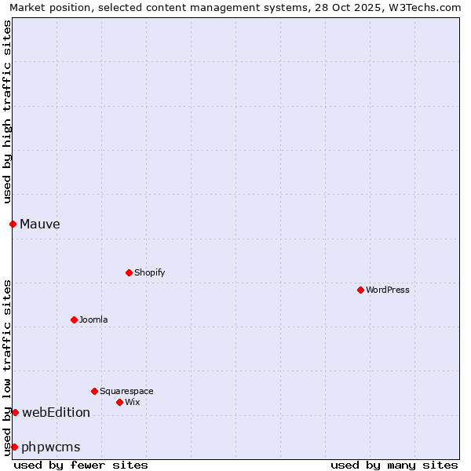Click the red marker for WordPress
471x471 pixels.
360,290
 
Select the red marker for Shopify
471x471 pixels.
129,272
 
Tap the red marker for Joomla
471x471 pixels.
74,319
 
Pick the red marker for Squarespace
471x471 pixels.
94,391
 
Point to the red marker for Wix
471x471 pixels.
119,402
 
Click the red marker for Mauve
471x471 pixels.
13,224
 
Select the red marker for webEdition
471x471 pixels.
15,412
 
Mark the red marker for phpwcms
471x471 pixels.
14,447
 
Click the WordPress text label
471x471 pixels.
388,290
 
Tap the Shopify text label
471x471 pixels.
149,272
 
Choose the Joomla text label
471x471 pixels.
93,319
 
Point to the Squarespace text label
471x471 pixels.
126,391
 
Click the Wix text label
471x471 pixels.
133,402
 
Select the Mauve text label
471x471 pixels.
40,224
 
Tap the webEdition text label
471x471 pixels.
56,412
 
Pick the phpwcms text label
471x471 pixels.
51,447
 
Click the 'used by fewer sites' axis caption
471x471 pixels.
81,465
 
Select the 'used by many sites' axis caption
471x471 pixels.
394,465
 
